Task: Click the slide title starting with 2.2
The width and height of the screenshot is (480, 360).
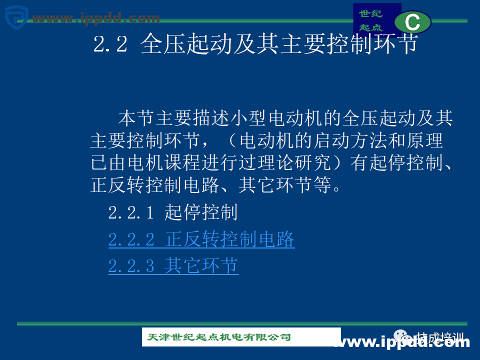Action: pos(255,44)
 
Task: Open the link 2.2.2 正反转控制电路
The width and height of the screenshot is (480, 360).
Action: pos(201,240)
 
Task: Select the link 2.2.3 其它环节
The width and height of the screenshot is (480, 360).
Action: pos(173,266)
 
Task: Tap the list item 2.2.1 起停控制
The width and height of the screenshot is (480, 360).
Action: pos(173,213)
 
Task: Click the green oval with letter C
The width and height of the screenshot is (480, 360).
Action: pos(412,22)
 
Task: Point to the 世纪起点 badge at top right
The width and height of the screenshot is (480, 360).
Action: pos(371,20)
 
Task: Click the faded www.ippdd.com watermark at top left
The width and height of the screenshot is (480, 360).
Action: pos(95,18)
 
